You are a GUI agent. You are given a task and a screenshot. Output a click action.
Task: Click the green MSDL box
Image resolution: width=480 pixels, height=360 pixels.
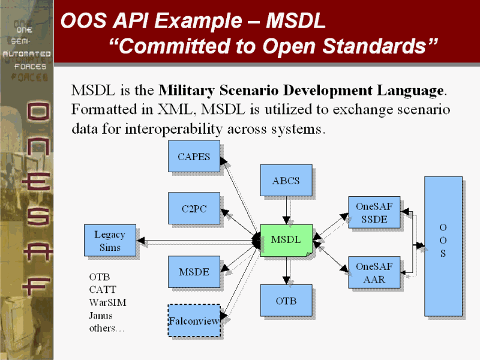tap(286, 240)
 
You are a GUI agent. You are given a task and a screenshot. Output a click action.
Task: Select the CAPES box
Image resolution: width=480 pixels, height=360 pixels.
tap(194, 157)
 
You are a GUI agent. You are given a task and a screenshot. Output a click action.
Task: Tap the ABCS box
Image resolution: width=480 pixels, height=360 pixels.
tap(286, 180)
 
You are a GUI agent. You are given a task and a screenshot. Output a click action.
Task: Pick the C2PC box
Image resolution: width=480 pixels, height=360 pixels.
tap(194, 208)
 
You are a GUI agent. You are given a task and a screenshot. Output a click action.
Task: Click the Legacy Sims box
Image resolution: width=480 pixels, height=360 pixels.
tap(110, 241)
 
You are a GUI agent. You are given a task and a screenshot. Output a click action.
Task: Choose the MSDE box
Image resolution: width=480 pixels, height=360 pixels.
tap(194, 272)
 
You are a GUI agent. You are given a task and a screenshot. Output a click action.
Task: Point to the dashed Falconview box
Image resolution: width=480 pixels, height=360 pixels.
tap(194, 320)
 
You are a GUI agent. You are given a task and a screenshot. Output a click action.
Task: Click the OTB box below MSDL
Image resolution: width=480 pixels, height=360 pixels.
tap(286, 300)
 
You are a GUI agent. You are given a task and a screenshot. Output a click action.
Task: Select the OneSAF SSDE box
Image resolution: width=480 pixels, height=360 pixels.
tap(374, 212)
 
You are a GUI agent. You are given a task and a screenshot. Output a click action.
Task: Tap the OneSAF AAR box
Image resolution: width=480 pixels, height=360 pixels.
tap(374, 272)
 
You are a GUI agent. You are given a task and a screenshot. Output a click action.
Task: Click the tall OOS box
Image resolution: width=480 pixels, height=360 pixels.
tap(443, 245)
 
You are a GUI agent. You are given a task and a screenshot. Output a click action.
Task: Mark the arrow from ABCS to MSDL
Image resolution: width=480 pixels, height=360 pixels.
tap(287, 210)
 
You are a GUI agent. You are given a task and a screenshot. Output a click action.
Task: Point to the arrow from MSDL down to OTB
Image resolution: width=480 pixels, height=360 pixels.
tap(287, 270)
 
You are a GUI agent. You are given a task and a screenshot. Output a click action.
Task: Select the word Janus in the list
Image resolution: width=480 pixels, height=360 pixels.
tap(101, 316)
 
